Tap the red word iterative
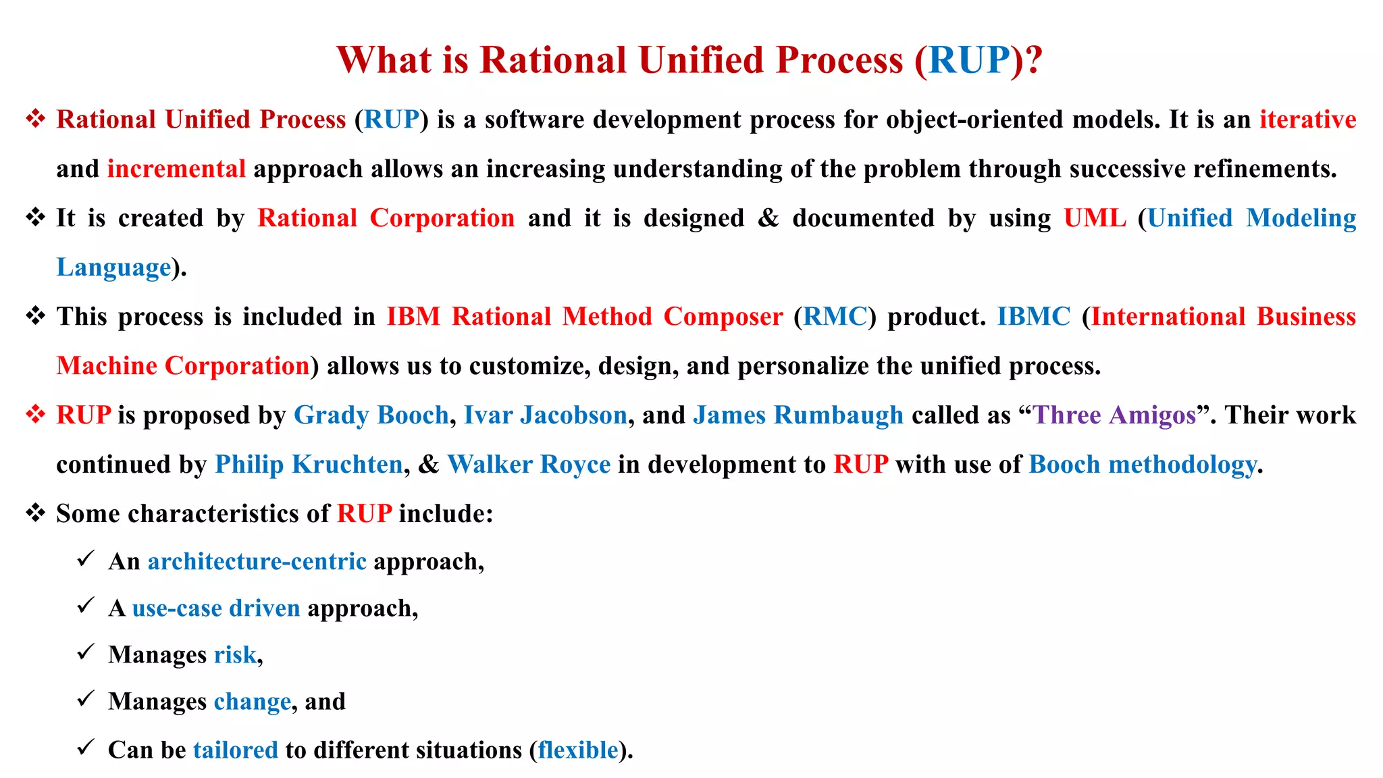point(1307,120)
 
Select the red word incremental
point(176,169)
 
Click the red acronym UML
point(1095,218)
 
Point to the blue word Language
point(113,267)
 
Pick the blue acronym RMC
point(835,317)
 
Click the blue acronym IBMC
point(1034,317)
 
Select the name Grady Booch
point(371,415)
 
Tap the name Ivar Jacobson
point(546,415)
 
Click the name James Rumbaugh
point(798,415)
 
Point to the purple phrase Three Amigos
point(1114,415)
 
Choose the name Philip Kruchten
point(309,465)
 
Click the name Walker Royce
point(529,465)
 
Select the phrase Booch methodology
point(1143,465)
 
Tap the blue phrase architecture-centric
point(257,562)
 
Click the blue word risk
point(235,655)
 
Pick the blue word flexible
point(578,750)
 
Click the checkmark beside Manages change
point(85,700)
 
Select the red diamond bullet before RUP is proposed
point(35,414)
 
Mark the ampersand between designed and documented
point(768,218)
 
